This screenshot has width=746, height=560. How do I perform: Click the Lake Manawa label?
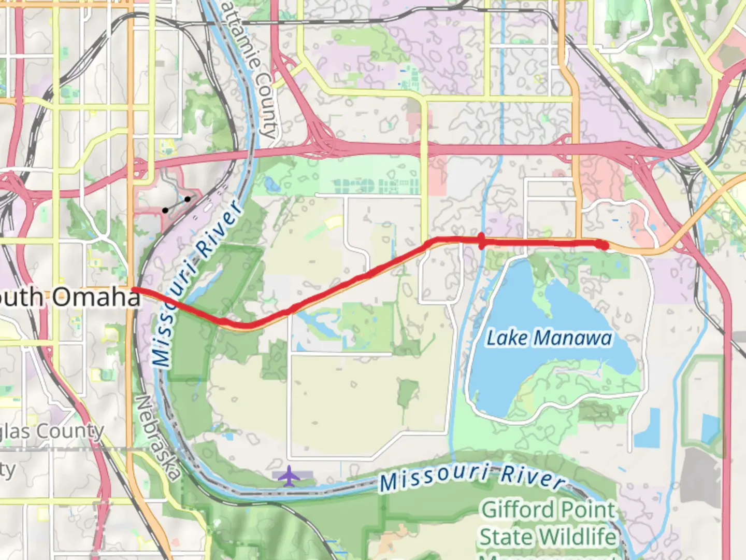pyautogui.click(x=549, y=338)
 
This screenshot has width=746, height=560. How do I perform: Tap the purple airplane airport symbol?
pyautogui.click(x=289, y=476)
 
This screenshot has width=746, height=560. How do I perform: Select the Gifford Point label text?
pyautogui.click(x=548, y=510)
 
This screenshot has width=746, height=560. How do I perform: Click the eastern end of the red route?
pyautogui.click(x=603, y=245)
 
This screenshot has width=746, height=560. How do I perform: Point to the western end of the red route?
pyautogui.click(x=134, y=289)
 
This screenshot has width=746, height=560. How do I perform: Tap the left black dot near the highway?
pyautogui.click(x=165, y=210)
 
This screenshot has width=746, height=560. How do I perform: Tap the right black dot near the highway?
pyautogui.click(x=188, y=199)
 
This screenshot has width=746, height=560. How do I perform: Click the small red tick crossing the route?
pyautogui.click(x=482, y=241)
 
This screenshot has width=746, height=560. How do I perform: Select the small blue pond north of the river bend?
pyautogui.click(x=269, y=184)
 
